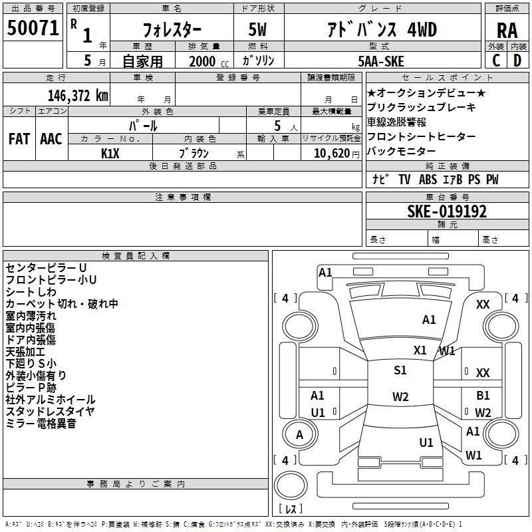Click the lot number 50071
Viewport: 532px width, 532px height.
tap(33, 28)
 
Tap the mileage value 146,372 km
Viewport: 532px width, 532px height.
tap(78, 96)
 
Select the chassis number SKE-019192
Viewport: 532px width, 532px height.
tap(447, 211)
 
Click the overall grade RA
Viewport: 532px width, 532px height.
tap(507, 31)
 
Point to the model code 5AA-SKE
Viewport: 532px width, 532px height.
tap(381, 61)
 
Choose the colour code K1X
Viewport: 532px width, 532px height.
tap(110, 154)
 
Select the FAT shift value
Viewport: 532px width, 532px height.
tap(19, 139)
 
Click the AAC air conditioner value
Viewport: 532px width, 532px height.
tap(51, 139)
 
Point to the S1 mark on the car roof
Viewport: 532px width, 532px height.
tap(400, 370)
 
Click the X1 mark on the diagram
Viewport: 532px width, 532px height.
tap(420, 350)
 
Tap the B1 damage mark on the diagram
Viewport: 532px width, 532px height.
tap(483, 396)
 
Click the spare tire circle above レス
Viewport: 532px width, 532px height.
tap(291, 485)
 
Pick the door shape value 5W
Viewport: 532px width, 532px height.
tap(257, 29)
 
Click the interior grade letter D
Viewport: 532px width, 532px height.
tap(517, 61)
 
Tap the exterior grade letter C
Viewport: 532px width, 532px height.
tap(496, 61)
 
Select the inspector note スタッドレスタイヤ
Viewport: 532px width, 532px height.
tap(51, 411)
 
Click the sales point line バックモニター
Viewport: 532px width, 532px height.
tap(402, 151)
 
